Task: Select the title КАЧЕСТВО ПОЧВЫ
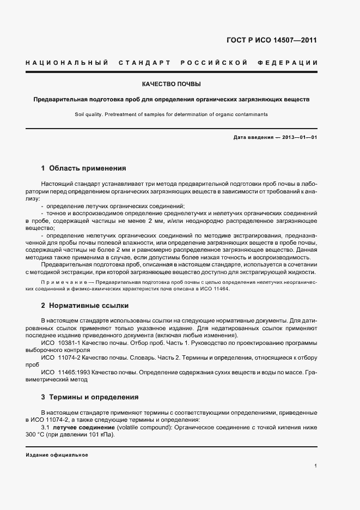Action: tap(171, 84)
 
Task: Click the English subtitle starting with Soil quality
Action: tap(171, 114)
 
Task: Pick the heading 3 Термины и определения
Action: tap(90, 397)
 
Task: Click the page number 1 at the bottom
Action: tap(315, 466)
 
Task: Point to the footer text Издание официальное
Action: tap(57, 454)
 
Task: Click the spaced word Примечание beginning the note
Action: tap(63, 282)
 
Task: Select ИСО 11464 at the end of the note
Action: tap(217, 288)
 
